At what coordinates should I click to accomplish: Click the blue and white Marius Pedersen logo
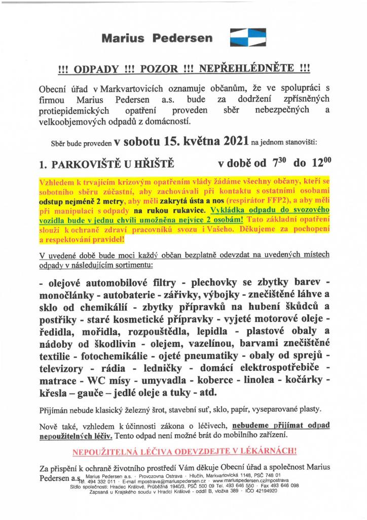[x=244, y=37]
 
